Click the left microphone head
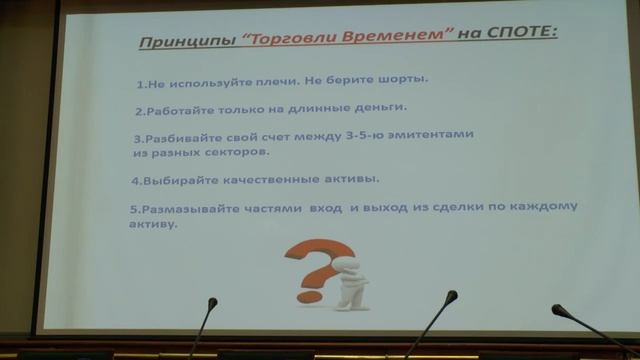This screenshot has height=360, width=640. [212, 301]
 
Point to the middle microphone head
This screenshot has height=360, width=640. [453, 296]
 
